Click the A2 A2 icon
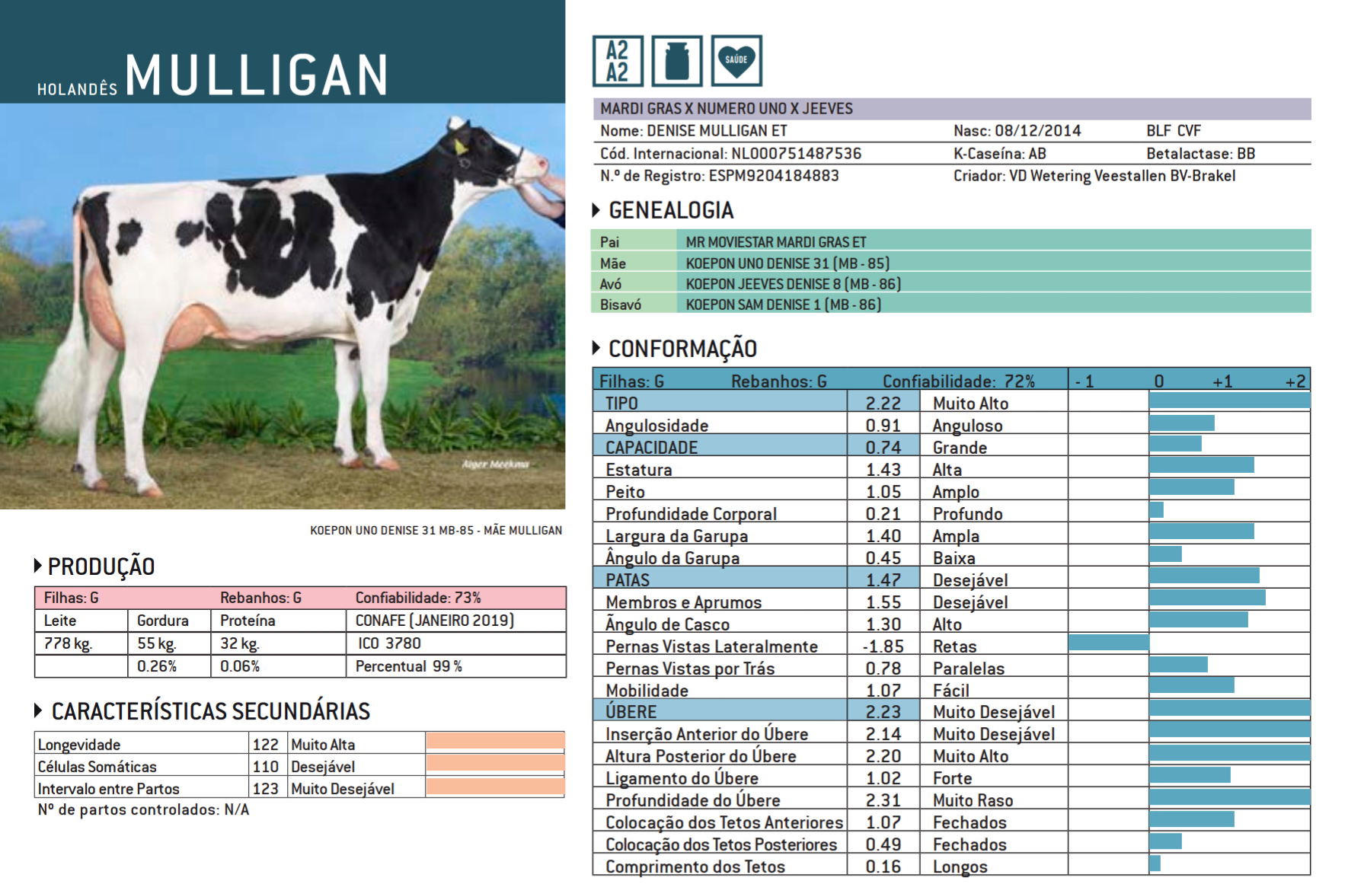pyautogui.click(x=617, y=61)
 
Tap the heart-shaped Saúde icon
pyautogui.click(x=736, y=61)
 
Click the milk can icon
pyautogui.click(x=676, y=61)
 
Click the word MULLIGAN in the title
pyautogui.click(x=257, y=75)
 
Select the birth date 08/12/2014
pyautogui.click(x=1038, y=131)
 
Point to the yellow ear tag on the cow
pyautogui.click(x=462, y=148)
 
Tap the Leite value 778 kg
pyautogui.click(x=68, y=643)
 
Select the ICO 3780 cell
pyautogui.click(x=389, y=643)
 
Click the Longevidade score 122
pyautogui.click(x=266, y=745)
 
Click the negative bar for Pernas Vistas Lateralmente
pyautogui.click(x=1108, y=643)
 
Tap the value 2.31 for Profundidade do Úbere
pyautogui.click(x=883, y=800)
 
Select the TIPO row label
pyautogui.click(x=621, y=403)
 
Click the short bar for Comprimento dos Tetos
pyautogui.click(x=1155, y=863)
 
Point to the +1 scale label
pyautogui.click(x=1222, y=381)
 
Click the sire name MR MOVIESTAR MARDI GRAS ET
pyautogui.click(x=775, y=242)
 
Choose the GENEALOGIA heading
pyautogui.click(x=671, y=210)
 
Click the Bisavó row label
pyautogui.click(x=620, y=305)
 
